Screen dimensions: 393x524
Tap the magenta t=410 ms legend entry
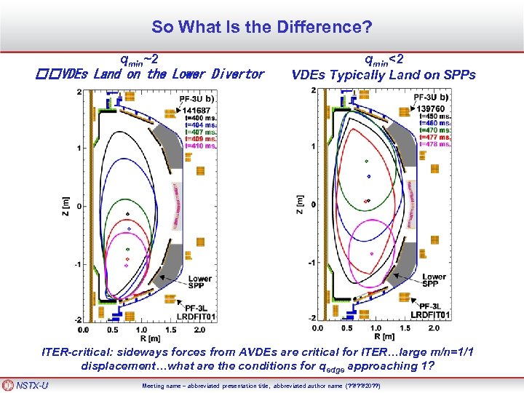click(x=200, y=146)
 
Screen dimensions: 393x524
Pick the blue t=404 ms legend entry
click(x=200, y=125)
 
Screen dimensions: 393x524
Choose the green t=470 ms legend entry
click(x=435, y=130)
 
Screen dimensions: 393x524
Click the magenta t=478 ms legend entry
click(x=435, y=143)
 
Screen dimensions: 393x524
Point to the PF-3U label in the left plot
click(x=194, y=98)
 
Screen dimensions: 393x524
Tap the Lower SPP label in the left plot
click(x=200, y=283)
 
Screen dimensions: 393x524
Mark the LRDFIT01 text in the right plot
click(x=431, y=314)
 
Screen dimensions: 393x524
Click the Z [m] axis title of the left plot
click(x=65, y=205)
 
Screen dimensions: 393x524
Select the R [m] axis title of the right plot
click(x=378, y=336)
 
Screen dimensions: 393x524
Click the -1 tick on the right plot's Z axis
click(x=311, y=262)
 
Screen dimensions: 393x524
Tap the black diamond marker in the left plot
click(x=128, y=214)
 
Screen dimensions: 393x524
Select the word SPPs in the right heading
click(x=458, y=74)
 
